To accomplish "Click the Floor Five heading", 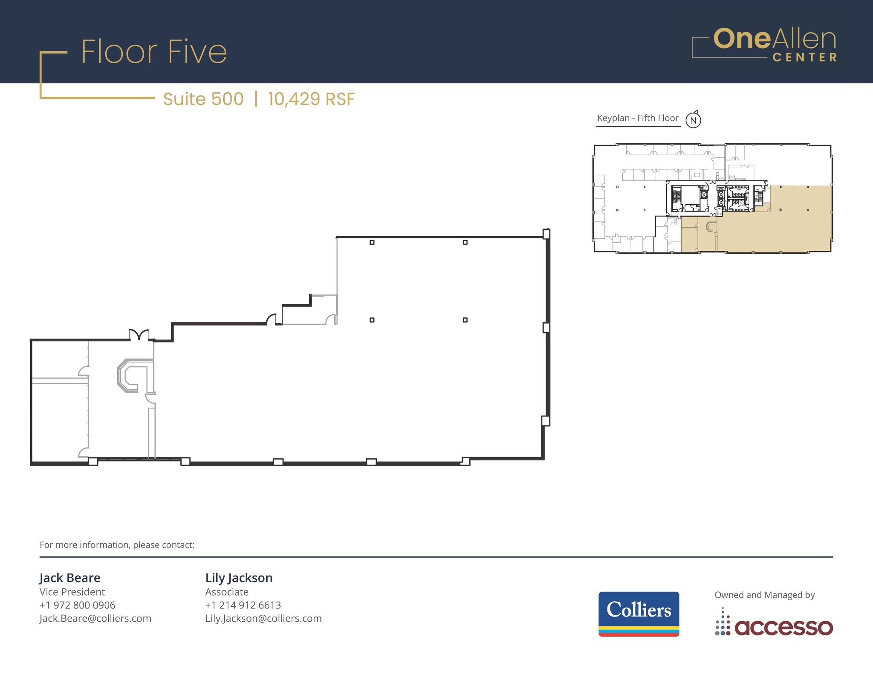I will pyautogui.click(x=154, y=52).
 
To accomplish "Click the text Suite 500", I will pyautogui.click(x=203, y=99).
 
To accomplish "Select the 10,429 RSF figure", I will pyautogui.click(x=311, y=99).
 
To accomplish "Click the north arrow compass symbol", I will pyautogui.click(x=693, y=120).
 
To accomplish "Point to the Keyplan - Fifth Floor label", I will pyautogui.click(x=638, y=118).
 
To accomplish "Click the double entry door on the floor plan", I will pyautogui.click(x=139, y=334).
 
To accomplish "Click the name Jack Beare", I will pyautogui.click(x=70, y=578).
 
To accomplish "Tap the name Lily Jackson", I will pyautogui.click(x=239, y=578).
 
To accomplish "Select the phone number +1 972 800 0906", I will pyautogui.click(x=77, y=605).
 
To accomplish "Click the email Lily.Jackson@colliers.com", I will pyautogui.click(x=263, y=618).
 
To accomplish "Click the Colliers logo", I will pyautogui.click(x=639, y=613).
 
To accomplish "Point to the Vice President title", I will pyautogui.click(x=72, y=592).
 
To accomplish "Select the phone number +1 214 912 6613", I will pyautogui.click(x=243, y=605).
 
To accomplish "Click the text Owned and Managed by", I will pyautogui.click(x=764, y=595).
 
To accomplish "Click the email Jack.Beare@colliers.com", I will pyautogui.click(x=95, y=618).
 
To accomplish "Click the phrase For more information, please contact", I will pyautogui.click(x=117, y=545).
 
